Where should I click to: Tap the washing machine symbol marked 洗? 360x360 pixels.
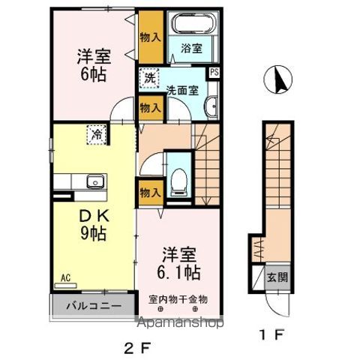149,76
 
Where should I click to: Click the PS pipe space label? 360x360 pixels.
214,73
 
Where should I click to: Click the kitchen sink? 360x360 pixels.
94,182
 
